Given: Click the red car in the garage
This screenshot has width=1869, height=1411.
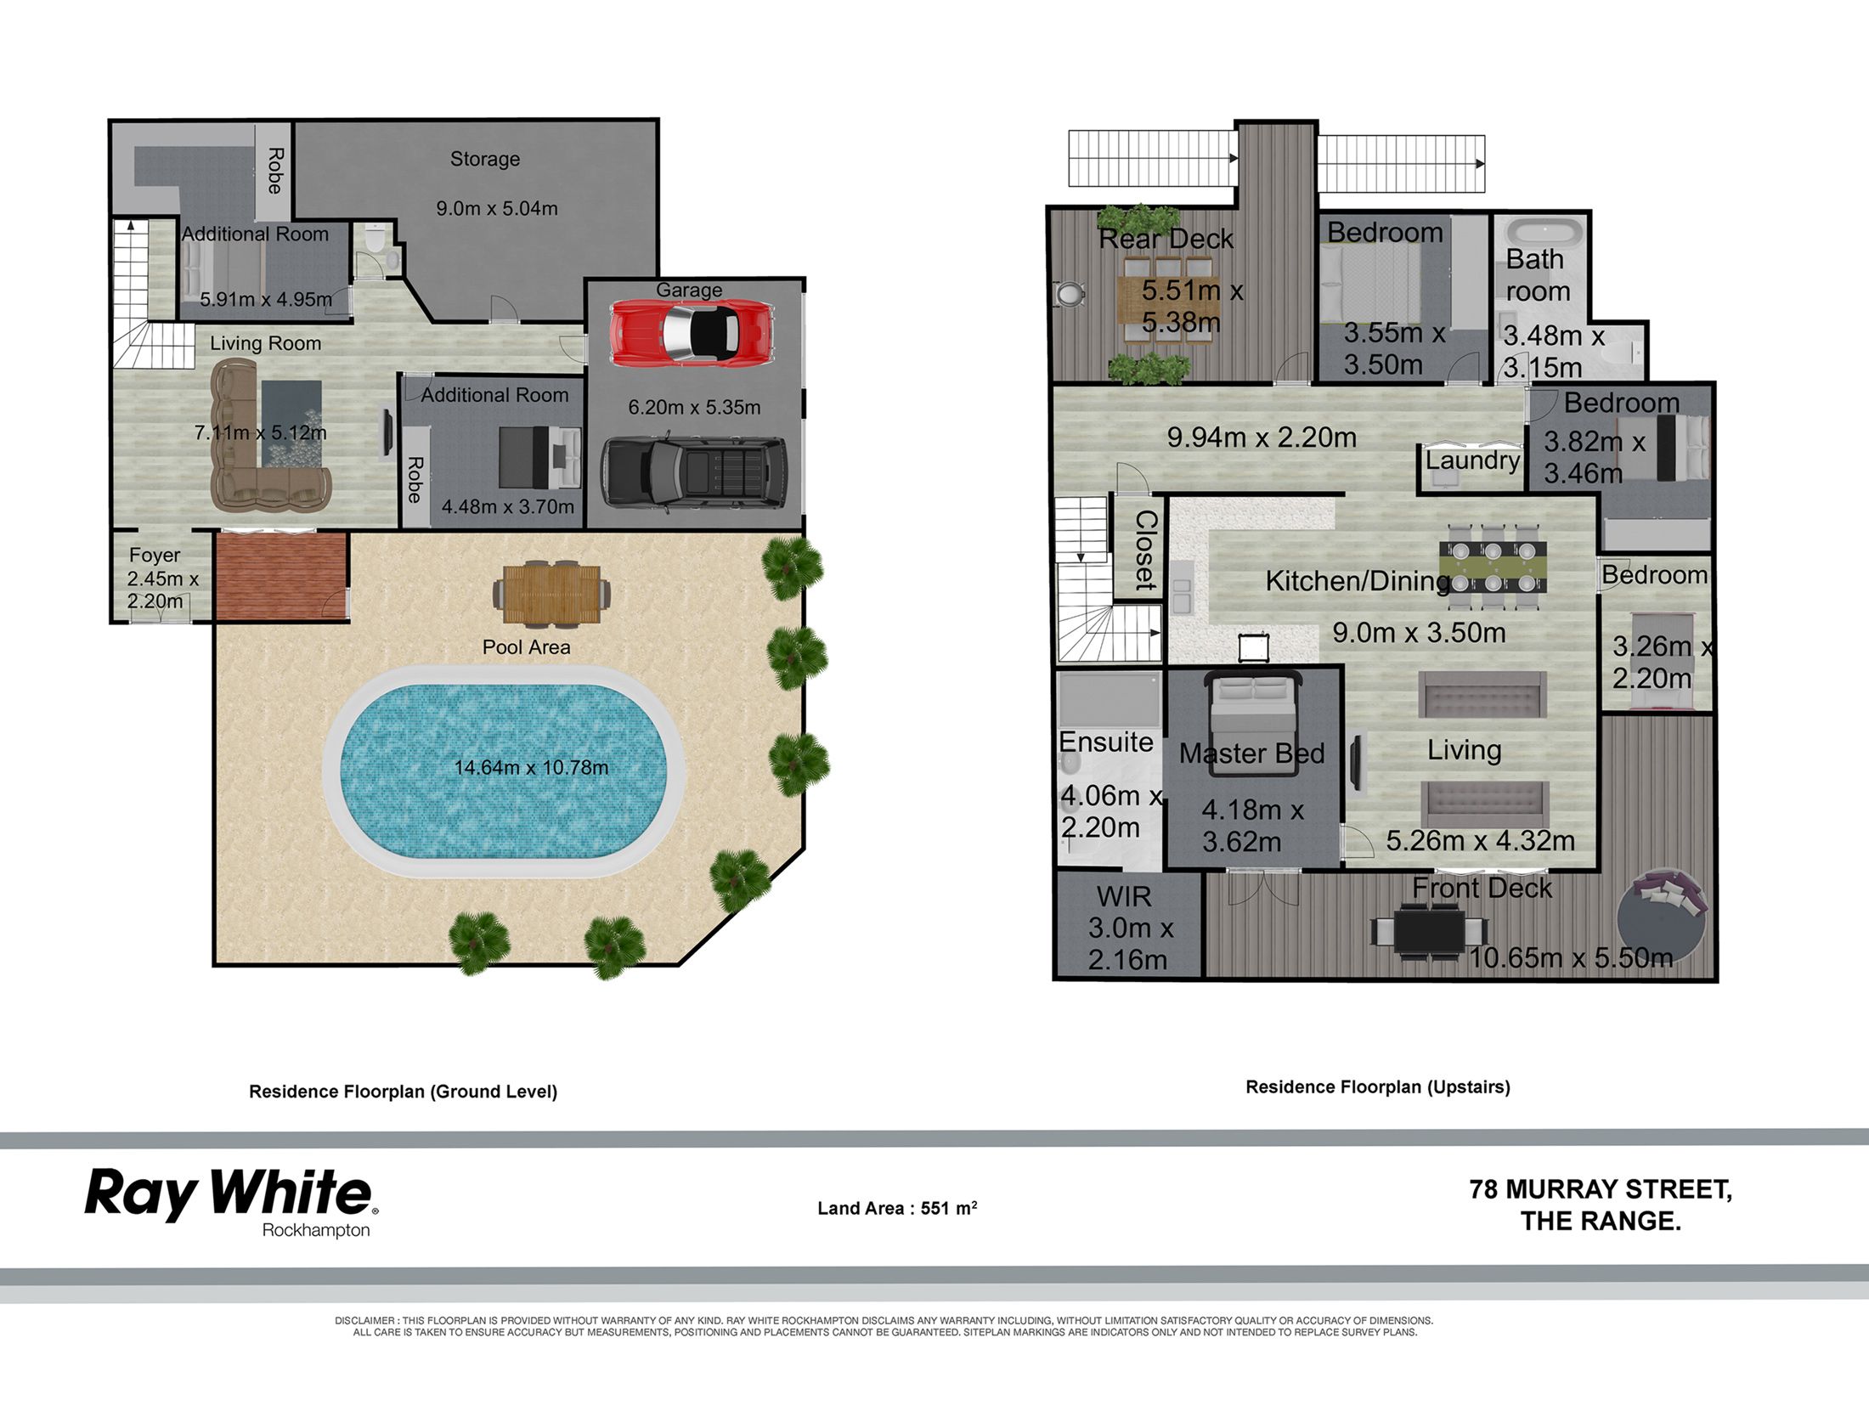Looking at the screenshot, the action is pyautogui.click(x=691, y=332).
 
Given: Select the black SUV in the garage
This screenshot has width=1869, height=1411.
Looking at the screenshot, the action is pyautogui.click(x=693, y=471).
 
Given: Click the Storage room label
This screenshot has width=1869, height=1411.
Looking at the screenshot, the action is pyautogui.click(x=485, y=159).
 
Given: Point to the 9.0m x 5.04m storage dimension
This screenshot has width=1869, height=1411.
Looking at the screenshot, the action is pyautogui.click(x=497, y=208).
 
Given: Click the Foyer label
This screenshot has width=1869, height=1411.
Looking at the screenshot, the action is pyautogui.click(x=155, y=555).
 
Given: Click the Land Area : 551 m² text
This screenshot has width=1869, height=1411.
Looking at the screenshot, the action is pyautogui.click(x=897, y=1207).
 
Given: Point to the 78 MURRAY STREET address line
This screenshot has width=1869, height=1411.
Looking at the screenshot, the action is pyautogui.click(x=1601, y=1189).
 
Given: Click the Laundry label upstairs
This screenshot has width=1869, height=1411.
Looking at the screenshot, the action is pyautogui.click(x=1473, y=460).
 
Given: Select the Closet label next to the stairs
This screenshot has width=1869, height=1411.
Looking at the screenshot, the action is pyautogui.click(x=1146, y=550).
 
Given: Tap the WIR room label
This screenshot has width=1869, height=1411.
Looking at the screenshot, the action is pyautogui.click(x=1124, y=896).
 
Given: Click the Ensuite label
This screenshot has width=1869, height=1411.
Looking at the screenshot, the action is pyautogui.click(x=1106, y=742).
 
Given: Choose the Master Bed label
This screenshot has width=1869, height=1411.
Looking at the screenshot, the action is pyautogui.click(x=1251, y=753).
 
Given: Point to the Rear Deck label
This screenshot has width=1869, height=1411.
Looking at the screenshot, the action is pyautogui.click(x=1166, y=239).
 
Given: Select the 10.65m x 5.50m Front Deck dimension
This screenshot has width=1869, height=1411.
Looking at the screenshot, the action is pyautogui.click(x=1571, y=957).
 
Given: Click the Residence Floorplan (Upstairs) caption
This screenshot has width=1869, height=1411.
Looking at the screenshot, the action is pyautogui.click(x=1378, y=1086).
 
